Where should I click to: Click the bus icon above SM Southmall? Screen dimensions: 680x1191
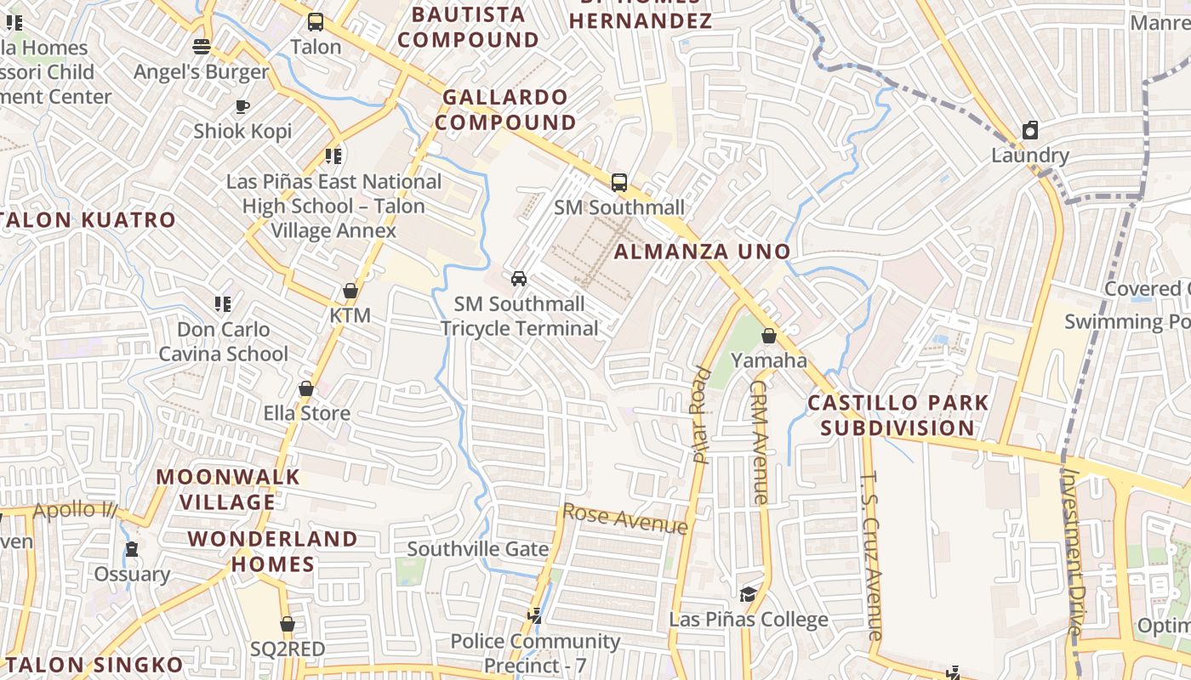(619, 182)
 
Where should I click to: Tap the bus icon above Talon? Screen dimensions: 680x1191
(316, 22)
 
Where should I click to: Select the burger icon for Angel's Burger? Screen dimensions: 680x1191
(202, 46)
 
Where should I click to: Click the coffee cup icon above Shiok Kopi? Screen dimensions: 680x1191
(242, 106)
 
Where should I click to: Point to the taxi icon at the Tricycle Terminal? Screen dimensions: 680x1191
(518, 278)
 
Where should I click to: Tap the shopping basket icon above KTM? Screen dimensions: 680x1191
(350, 291)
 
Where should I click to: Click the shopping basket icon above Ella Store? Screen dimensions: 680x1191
(306, 388)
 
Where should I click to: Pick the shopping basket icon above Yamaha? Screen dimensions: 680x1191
(769, 336)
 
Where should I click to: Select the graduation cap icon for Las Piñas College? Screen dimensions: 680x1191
(748, 594)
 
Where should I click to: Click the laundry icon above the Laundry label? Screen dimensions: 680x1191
(1030, 130)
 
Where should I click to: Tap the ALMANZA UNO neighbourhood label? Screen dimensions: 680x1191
(703, 252)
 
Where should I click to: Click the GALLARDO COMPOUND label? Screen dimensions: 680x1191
(506, 110)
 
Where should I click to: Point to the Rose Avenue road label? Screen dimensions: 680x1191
(625, 518)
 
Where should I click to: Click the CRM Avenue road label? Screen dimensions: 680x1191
(759, 441)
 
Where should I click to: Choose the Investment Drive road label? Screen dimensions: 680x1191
(1073, 552)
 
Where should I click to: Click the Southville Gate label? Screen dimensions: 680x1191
(478, 549)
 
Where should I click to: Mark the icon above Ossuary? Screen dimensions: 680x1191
(132, 549)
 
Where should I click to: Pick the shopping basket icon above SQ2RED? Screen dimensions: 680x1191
(288, 624)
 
